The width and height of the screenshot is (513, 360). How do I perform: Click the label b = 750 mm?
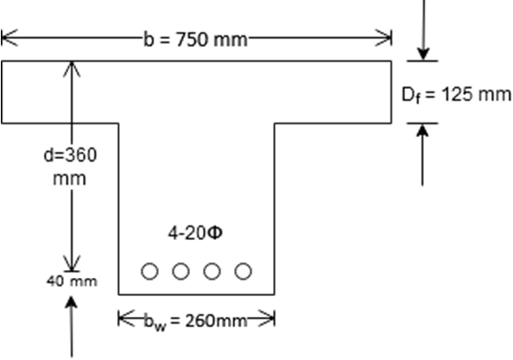(196, 40)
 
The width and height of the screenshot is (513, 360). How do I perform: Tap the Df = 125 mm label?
(456, 95)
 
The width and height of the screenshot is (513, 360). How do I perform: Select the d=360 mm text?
(70, 167)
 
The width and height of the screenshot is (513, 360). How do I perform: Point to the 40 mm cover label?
(72, 281)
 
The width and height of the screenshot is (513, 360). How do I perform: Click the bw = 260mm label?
(195, 321)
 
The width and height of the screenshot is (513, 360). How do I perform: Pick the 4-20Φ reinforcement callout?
(195, 233)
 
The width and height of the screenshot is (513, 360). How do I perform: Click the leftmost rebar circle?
(149, 271)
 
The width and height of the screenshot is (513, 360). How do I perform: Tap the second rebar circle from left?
(180, 271)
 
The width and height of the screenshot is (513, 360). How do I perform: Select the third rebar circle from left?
(212, 271)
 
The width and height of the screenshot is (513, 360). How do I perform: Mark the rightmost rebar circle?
(243, 271)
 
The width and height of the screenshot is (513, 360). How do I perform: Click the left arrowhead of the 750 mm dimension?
(9, 38)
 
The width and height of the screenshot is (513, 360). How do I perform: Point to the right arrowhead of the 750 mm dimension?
(383, 38)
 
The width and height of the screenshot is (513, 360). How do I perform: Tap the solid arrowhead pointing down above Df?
(423, 54)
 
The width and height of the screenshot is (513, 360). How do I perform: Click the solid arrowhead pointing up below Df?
(422, 130)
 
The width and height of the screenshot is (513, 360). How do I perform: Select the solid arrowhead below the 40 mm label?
(72, 302)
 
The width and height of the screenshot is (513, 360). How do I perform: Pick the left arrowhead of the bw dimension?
(126, 319)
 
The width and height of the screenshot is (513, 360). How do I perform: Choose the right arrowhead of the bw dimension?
(266, 319)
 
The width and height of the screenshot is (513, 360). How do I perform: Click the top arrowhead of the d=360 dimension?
(72, 69)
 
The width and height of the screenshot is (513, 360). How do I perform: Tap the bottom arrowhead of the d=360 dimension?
(72, 263)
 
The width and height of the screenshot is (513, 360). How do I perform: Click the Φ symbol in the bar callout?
(215, 233)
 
